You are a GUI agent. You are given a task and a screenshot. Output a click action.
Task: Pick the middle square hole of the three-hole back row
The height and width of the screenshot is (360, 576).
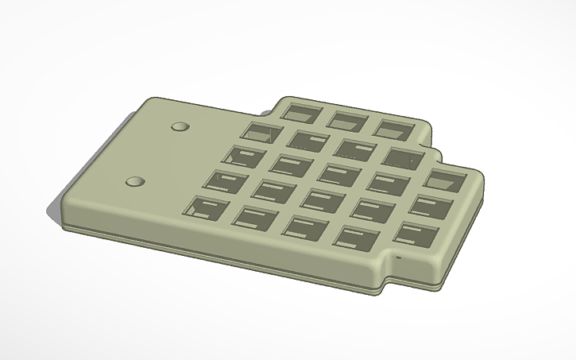pyautogui.click(x=346, y=120)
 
